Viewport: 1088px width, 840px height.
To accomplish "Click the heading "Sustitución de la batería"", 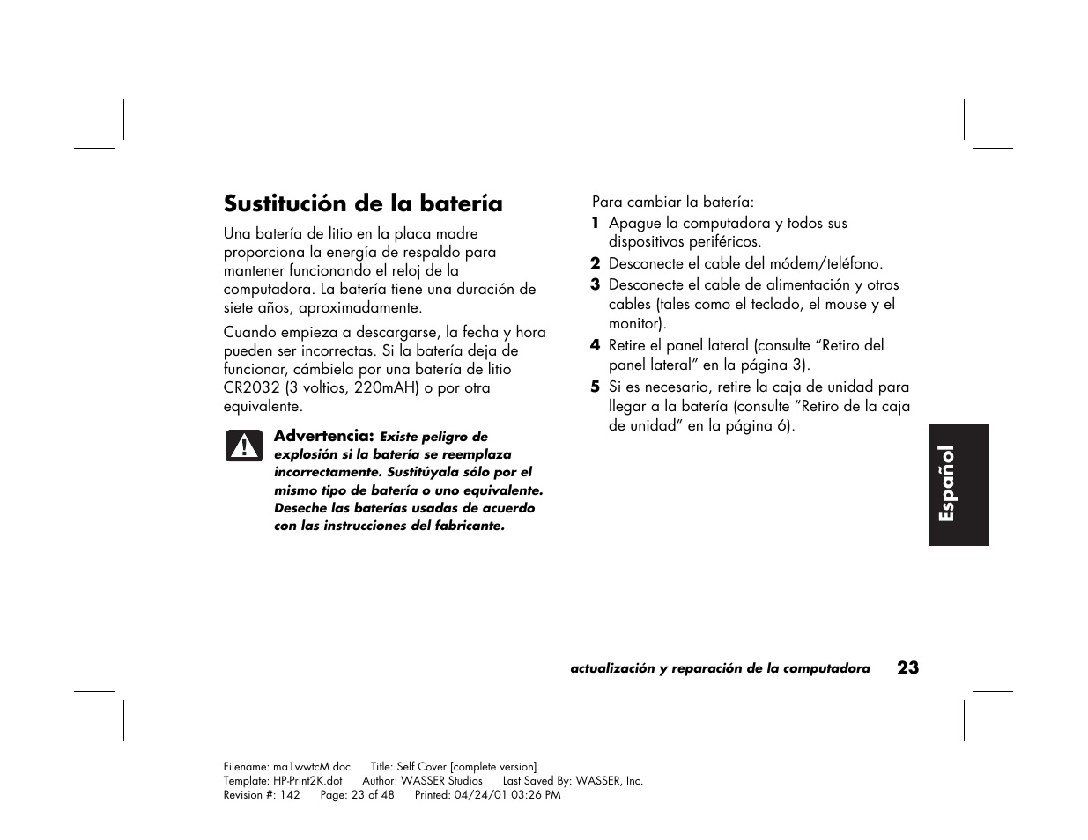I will coord(363,203).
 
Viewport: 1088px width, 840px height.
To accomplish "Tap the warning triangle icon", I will coord(243,446).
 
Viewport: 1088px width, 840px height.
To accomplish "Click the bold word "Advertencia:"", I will coord(324,436).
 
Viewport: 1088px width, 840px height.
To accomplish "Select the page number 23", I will coord(908,667).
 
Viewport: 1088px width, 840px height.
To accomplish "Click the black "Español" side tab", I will coord(958,484).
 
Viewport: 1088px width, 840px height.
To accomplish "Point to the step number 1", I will coord(596,223).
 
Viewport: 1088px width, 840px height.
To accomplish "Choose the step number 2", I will coord(596,263).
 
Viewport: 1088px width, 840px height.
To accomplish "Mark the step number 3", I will coord(596,284).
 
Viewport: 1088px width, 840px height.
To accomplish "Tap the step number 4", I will coord(596,345).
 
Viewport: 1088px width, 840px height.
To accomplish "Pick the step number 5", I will coord(596,387).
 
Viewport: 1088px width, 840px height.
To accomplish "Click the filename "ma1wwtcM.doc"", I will coord(312,767).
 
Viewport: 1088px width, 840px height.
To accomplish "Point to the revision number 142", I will coord(290,794).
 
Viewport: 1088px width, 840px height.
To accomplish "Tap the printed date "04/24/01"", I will coord(481,794).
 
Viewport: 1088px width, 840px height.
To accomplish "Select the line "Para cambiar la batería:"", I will coord(673,202).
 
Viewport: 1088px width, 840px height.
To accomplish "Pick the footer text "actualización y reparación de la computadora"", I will coord(720,668).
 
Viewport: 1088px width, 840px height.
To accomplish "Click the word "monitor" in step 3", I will coord(635,323).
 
